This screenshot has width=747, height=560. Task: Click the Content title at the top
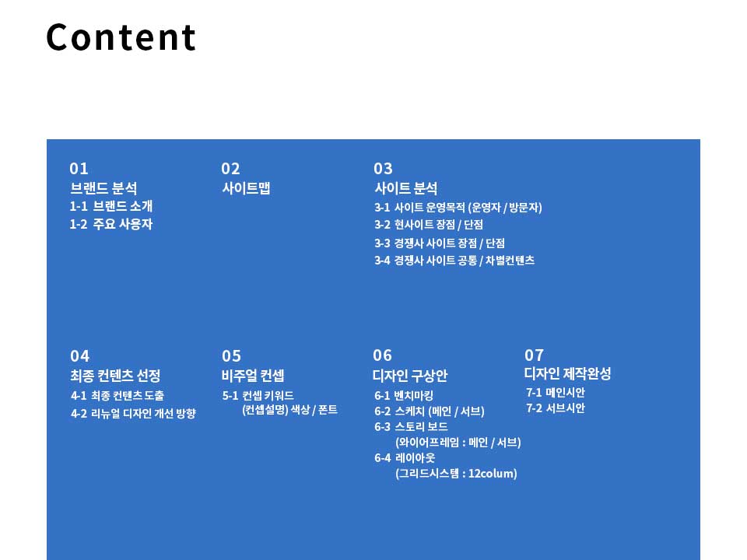tap(121, 37)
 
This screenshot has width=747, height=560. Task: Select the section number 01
tap(79, 169)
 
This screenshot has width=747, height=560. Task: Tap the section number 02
tap(230, 169)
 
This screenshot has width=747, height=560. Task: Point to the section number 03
tap(383, 169)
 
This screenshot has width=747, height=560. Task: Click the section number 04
tap(79, 356)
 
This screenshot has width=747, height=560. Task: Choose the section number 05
tap(232, 356)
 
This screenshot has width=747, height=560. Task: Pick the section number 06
tap(383, 355)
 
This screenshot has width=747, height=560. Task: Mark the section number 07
tap(534, 355)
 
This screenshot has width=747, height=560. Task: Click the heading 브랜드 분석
tap(103, 188)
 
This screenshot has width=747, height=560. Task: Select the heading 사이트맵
tap(247, 188)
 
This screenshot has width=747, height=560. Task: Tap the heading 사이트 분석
tap(406, 188)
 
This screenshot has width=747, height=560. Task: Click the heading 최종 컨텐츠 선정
tap(115, 376)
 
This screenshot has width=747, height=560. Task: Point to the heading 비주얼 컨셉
tap(253, 376)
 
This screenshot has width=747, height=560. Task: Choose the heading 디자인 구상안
tap(410, 376)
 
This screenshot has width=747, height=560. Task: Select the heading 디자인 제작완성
tap(567, 373)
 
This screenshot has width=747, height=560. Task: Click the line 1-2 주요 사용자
tap(111, 224)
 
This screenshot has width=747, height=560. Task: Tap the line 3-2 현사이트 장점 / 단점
tap(429, 225)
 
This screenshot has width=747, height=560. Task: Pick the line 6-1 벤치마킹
tap(404, 396)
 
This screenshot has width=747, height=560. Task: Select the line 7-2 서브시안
tap(556, 408)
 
